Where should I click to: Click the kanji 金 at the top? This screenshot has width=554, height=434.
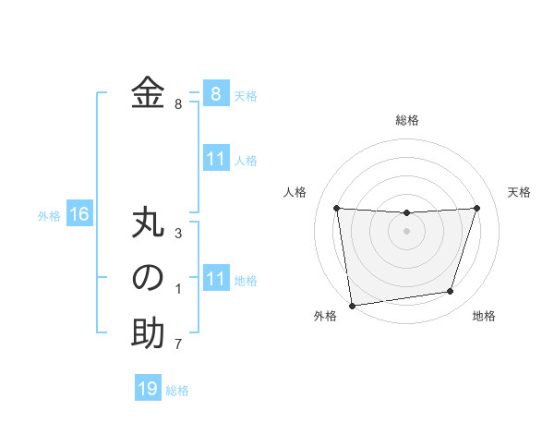[148, 93]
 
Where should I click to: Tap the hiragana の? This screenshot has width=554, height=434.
[148, 278]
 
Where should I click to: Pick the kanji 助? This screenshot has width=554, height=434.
[148, 334]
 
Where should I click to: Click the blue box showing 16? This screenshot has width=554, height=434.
[79, 215]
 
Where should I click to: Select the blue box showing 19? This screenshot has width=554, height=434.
[148, 389]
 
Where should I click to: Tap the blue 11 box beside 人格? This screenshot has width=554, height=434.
[216, 159]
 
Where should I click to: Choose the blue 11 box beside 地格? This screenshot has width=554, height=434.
[216, 279]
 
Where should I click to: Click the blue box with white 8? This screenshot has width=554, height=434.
[216, 94]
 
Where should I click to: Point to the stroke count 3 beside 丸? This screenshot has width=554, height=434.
[178, 234]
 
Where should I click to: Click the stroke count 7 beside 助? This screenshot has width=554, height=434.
[178, 345]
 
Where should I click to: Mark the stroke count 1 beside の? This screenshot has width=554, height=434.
[178, 290]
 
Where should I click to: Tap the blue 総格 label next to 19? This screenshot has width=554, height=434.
[177, 391]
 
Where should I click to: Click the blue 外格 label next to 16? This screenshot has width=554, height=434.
[49, 216]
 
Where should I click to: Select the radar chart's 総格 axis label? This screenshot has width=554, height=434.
[406, 120]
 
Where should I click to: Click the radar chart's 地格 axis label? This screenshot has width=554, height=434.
[484, 317]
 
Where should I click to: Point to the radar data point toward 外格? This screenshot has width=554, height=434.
[352, 306]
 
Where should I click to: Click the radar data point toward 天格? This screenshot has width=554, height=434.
[476, 208]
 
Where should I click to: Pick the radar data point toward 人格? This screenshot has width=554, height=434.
[336, 208]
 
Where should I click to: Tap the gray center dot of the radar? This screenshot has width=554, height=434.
[406, 231]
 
